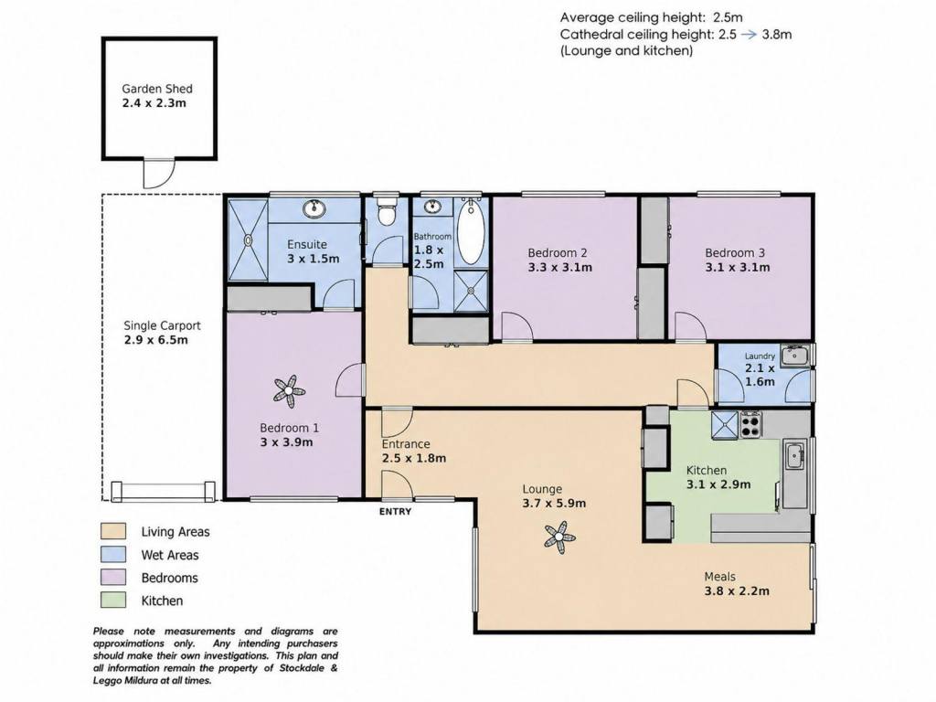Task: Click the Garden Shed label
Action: tap(157, 89)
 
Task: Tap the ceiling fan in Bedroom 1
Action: tap(289, 391)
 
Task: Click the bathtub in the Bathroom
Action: tap(472, 233)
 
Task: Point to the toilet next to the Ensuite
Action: tap(388, 211)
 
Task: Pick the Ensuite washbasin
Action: tap(314, 208)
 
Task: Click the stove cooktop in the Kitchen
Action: tap(751, 424)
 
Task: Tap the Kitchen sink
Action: tap(794, 457)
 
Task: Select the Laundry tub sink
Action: tap(795, 356)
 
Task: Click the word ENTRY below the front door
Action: tap(395, 512)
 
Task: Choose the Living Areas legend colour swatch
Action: tap(113, 531)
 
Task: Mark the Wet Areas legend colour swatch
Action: tap(113, 555)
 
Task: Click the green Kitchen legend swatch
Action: tap(113, 600)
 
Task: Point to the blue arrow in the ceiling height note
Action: tap(749, 35)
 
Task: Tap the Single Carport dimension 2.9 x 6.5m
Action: tap(155, 340)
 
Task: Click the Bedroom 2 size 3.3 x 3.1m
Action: tap(560, 268)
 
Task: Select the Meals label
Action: tap(720, 577)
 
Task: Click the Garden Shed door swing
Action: tap(159, 174)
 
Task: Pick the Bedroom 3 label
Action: tap(735, 253)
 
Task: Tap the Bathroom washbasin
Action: tap(432, 207)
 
